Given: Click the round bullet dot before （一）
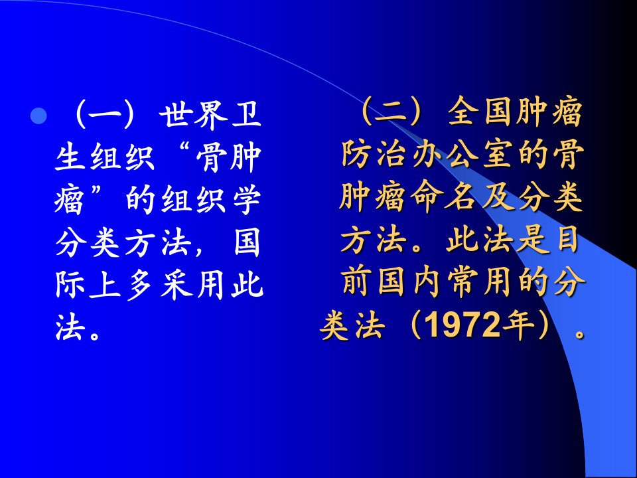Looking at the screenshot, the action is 38,116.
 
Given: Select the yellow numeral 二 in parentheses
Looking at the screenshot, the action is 390,112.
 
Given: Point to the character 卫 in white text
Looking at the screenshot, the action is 246,114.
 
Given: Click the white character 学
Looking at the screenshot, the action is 247,200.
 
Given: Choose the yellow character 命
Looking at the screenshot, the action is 426,197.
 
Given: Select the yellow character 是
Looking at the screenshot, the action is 533,240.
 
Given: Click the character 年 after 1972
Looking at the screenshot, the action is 518,325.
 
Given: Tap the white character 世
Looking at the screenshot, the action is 175,114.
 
